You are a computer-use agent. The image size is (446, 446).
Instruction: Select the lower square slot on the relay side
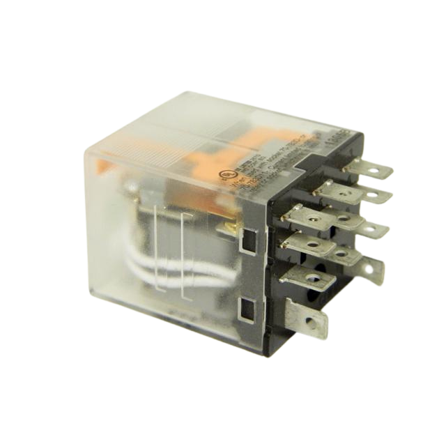[246, 305]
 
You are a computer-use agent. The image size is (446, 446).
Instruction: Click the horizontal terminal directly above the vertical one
[307, 278]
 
